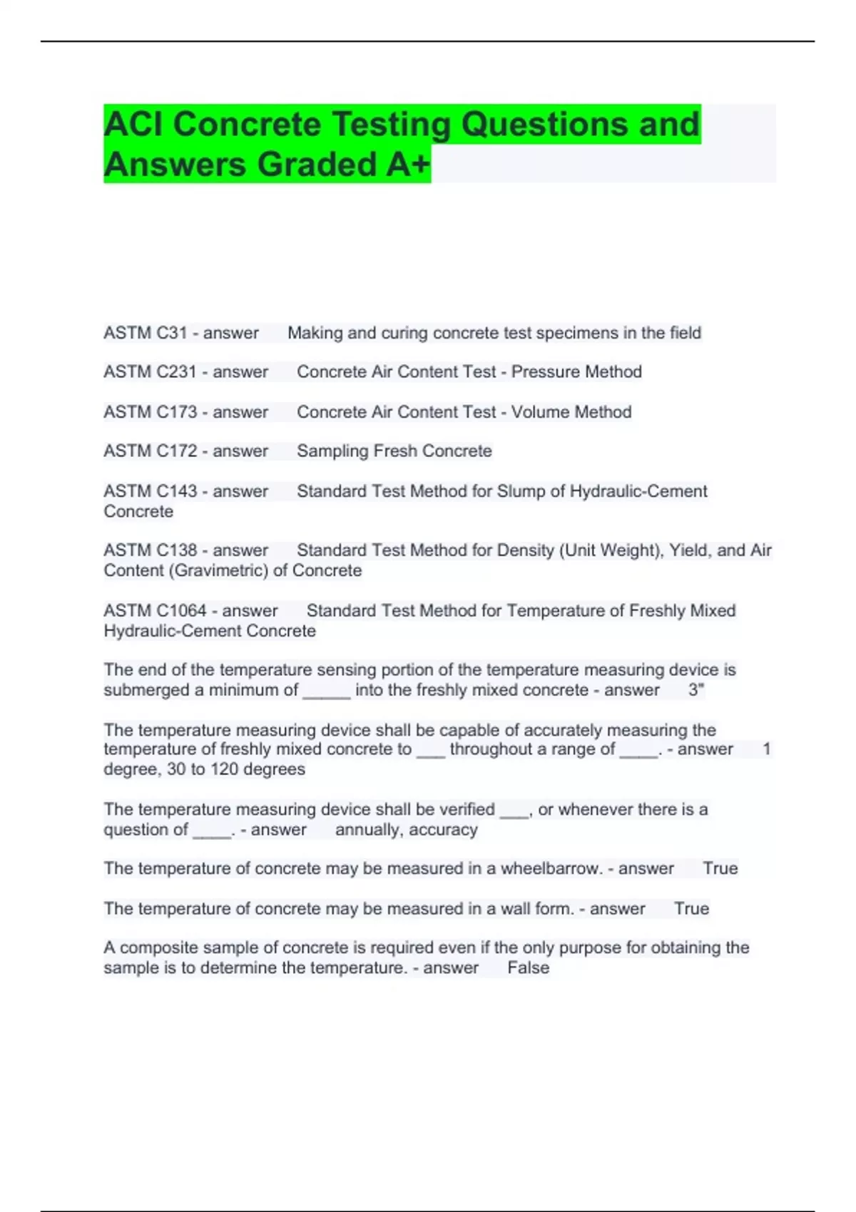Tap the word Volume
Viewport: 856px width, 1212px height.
(x=542, y=412)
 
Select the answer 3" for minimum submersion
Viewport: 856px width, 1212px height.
(x=696, y=690)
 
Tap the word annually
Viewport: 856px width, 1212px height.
(x=367, y=830)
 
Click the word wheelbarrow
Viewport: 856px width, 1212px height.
(x=551, y=868)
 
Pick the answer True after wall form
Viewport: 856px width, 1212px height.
(x=691, y=909)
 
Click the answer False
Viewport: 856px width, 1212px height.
(x=528, y=968)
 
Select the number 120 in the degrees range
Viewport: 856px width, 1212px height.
(x=223, y=769)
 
